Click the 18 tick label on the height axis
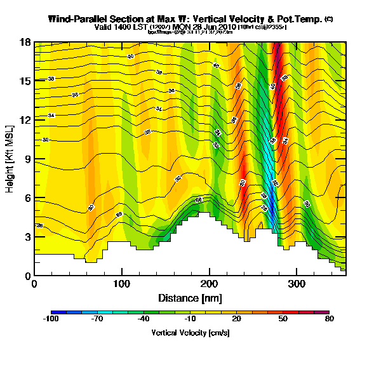(x=26, y=43)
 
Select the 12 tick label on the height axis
(x=26, y=121)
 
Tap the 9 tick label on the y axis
(x=28, y=159)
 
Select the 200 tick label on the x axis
(x=208, y=284)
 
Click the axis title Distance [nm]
(x=190, y=298)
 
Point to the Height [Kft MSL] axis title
(x=11, y=159)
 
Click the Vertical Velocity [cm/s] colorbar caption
(x=190, y=333)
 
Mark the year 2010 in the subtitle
(x=227, y=27)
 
